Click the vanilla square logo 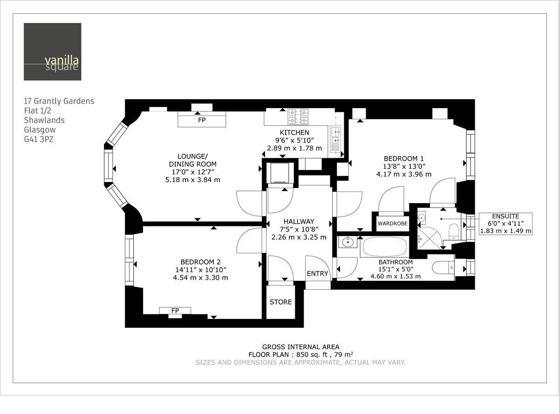point(53,52)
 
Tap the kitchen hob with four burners point(298,116)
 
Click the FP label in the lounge point(202,120)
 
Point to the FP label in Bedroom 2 point(175,311)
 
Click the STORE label point(280,302)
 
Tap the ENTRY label point(317,274)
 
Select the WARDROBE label point(392,224)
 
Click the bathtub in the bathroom point(384,247)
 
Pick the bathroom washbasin point(347,242)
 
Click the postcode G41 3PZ point(39,139)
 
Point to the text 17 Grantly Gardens point(59,101)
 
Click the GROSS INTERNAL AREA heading point(300,346)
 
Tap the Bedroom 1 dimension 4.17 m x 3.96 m point(403,174)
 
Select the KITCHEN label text point(294,133)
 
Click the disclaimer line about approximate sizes point(300,362)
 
